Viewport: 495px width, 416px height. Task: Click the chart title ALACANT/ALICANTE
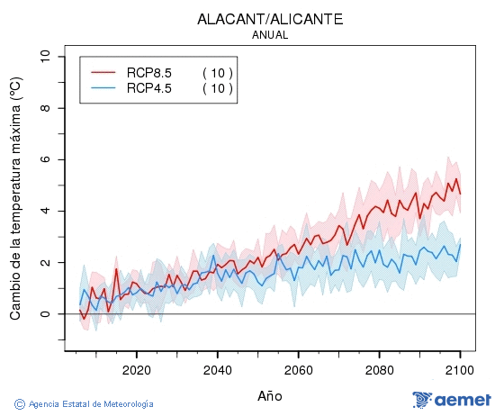269,19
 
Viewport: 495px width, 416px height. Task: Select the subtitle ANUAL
270,35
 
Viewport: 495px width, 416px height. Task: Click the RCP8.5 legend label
149,72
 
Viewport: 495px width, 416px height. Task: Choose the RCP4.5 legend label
149,87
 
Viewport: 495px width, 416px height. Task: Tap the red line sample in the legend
104,72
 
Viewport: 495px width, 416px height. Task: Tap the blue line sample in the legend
104,87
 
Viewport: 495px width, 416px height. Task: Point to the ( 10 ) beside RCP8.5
217,72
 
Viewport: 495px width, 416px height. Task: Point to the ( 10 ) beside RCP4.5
217,87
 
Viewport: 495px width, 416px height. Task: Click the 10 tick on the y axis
45,57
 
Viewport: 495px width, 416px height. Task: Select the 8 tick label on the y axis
45,108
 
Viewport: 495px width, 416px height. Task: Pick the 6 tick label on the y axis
45,159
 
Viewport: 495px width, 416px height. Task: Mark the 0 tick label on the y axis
45,314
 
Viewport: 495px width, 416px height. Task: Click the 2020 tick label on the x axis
136,369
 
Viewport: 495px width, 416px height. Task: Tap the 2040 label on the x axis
217,369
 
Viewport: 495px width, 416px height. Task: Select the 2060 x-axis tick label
298,369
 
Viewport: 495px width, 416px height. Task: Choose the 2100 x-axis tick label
460,369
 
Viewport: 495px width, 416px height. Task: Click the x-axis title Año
270,395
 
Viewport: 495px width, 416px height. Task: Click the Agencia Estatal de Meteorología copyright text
85,404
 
